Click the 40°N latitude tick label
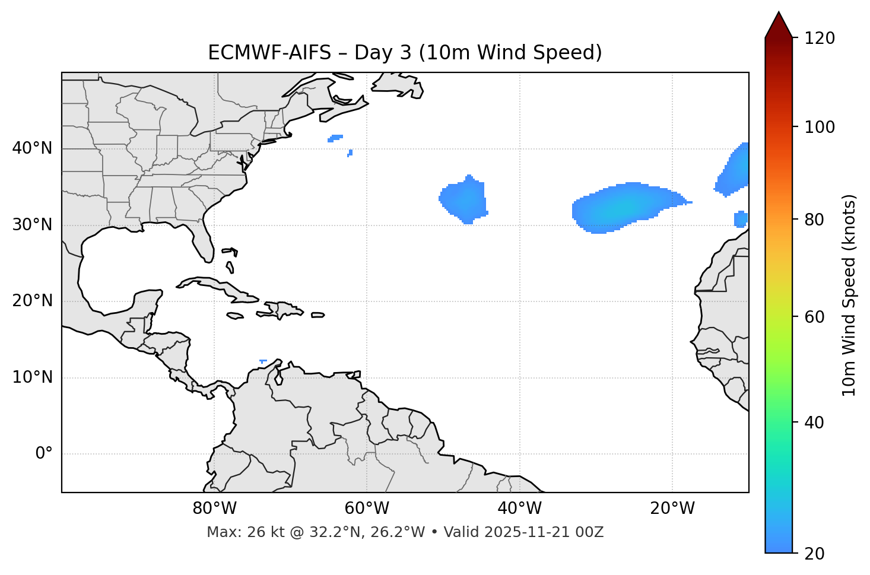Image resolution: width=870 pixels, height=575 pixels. pyautogui.click(x=32, y=148)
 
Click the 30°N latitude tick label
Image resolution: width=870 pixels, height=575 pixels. pyautogui.click(x=32, y=225)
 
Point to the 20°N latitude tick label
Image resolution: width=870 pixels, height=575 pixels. pyautogui.click(x=32, y=301)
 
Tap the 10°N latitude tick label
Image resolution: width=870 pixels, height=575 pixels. pyautogui.click(x=32, y=377)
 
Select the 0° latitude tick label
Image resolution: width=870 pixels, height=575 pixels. pyautogui.click(x=44, y=454)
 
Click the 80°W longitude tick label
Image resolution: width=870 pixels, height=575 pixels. pyautogui.click(x=214, y=509)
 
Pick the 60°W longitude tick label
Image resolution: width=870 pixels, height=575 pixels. pyautogui.click(x=367, y=509)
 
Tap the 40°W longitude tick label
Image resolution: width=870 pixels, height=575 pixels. pyautogui.click(x=519, y=509)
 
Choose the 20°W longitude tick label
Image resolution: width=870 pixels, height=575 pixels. pyautogui.click(x=672, y=509)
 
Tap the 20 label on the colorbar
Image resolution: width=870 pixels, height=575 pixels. pyautogui.click(x=815, y=554)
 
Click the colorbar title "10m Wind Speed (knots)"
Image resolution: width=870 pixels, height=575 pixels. pyautogui.click(x=849, y=296)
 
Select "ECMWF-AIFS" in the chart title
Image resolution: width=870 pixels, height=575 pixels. pyautogui.click(x=269, y=53)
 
